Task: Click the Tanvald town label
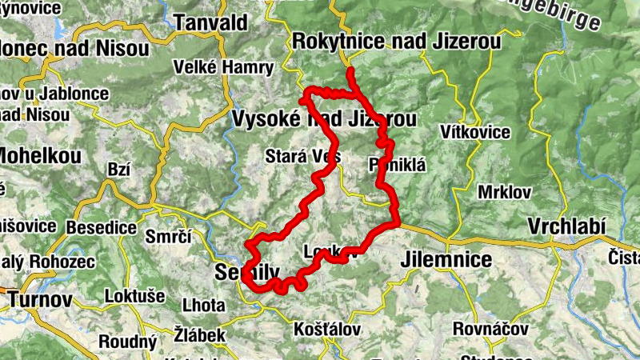(x=212, y=22)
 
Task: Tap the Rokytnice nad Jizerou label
(x=397, y=41)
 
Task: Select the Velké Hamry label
(x=214, y=66)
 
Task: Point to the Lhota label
(x=203, y=306)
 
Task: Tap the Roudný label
(x=128, y=342)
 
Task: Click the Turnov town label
(x=41, y=300)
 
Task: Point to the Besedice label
(x=102, y=227)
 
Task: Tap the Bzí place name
(x=118, y=169)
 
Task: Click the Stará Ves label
(x=305, y=156)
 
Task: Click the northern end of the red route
(x=350, y=72)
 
